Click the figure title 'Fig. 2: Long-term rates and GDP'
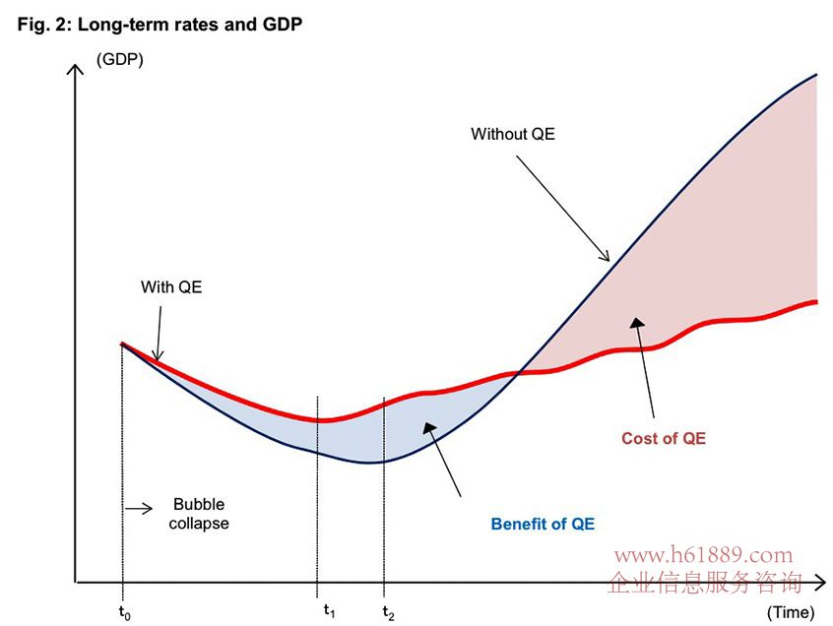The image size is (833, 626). coord(160,25)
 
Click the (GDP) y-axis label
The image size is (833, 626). coord(119,61)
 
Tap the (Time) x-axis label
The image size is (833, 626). coord(791,612)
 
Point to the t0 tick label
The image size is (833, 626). coord(124,612)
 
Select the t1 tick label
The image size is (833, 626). coord(329,610)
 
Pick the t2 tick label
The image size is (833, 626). coord(388,612)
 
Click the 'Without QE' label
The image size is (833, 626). coord(512,134)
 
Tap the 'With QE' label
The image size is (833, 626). coord(170,287)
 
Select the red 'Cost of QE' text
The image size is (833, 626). coord(664,438)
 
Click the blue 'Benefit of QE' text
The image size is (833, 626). coord(543,524)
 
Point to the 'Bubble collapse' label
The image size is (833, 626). coord(199,515)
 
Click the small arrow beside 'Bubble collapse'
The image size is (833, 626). coord(140,508)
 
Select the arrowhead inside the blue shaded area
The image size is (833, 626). coord(427,425)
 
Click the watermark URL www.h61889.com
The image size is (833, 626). coord(703,556)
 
